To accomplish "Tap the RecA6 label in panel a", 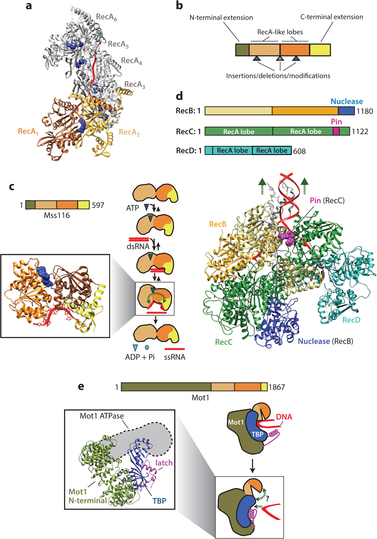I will [106, 17].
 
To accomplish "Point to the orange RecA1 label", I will [28, 131].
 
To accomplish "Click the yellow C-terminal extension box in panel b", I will [320, 50].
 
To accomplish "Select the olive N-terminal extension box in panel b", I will [242, 50].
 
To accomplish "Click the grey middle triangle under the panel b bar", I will [280, 59].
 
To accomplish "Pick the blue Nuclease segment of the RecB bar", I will [346, 111].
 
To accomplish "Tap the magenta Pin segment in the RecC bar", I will [336, 131].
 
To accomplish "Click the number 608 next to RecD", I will [299, 151].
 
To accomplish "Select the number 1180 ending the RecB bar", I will [365, 111].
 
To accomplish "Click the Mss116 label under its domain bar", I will [57, 215].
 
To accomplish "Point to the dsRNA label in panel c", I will [138, 246].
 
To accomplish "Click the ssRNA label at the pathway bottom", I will [175, 357].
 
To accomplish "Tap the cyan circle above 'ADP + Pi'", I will [147, 347].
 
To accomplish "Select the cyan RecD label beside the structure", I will [351, 320].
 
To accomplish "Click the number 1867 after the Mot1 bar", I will [277, 387].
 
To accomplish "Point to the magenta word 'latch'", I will [164, 463].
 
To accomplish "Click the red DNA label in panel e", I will [284, 417].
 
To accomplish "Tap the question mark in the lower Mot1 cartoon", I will [267, 499].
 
